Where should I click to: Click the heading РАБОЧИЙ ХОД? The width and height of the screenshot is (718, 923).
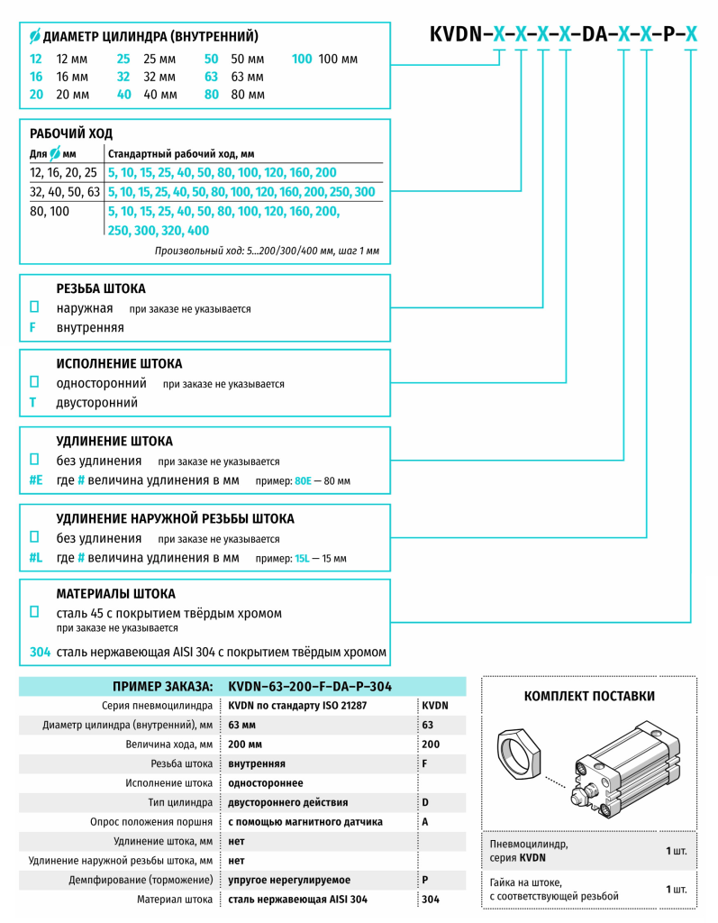pyautogui.click(x=71, y=133)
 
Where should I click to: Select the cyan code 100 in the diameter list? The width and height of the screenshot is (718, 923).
pyautogui.click(x=302, y=59)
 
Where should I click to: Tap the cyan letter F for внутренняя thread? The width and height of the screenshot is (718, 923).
pyautogui.click(x=33, y=327)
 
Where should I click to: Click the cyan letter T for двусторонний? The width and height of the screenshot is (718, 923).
pyautogui.click(x=33, y=403)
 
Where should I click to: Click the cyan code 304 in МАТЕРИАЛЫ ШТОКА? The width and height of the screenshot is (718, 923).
pyautogui.click(x=40, y=652)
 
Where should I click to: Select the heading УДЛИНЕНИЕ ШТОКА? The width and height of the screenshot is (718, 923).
pyautogui.click(x=114, y=441)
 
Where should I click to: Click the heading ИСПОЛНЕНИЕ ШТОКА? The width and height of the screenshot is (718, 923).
pyautogui.click(x=119, y=363)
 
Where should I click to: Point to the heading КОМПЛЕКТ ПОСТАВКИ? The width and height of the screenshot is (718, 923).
pyautogui.click(x=589, y=696)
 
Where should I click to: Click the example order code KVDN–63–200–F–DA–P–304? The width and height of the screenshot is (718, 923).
pyautogui.click(x=310, y=686)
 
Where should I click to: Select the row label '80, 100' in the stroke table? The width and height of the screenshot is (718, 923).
pyautogui.click(x=50, y=212)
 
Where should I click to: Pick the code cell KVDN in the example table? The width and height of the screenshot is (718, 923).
pyautogui.click(x=435, y=705)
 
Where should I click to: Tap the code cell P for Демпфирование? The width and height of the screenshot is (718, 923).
pyautogui.click(x=425, y=880)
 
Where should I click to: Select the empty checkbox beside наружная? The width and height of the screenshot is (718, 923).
pyautogui.click(x=34, y=307)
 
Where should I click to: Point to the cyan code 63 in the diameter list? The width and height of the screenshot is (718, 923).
pyautogui.click(x=212, y=77)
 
